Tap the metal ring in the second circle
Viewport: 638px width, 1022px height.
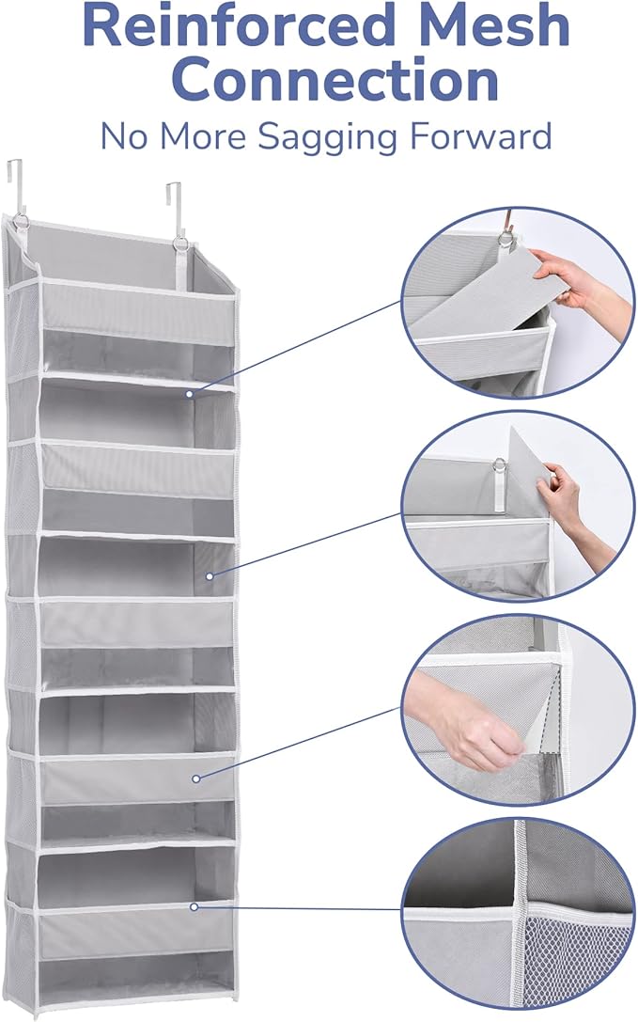click(499, 464)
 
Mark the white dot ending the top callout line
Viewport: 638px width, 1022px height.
click(189, 395)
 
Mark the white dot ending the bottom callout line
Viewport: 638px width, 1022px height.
click(194, 906)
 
